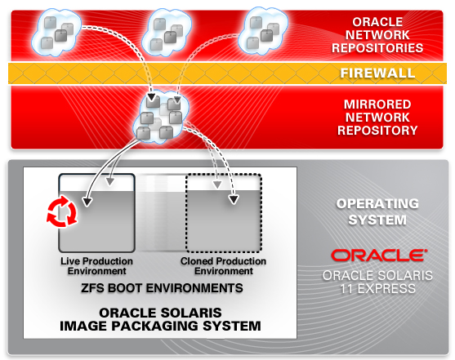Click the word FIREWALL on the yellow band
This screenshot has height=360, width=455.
pyautogui.click(x=377, y=73)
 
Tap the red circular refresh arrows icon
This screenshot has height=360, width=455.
pyautogui.click(x=62, y=211)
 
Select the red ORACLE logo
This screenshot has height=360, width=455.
pyautogui.click(x=378, y=256)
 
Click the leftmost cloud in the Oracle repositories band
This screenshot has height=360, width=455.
pyautogui.click(x=56, y=32)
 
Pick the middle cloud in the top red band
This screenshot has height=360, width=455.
pyautogui.click(x=167, y=32)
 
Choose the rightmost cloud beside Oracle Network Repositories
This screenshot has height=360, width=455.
pyautogui.click(x=263, y=31)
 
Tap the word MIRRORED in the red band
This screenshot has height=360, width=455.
pyautogui.click(x=377, y=104)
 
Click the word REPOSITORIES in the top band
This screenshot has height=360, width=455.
pyautogui.click(x=377, y=48)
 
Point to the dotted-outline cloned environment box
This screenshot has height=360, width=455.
pyautogui.click(x=224, y=213)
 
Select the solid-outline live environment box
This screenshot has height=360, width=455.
pyautogui.click(x=97, y=213)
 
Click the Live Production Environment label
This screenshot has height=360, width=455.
pyautogui.click(x=96, y=266)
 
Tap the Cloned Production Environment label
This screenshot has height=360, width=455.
pyautogui.click(x=224, y=266)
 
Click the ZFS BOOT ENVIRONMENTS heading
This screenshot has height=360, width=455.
pyautogui.click(x=162, y=288)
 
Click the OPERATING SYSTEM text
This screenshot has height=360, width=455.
pyautogui.click(x=377, y=211)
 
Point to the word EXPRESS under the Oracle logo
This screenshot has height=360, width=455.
pyautogui.click(x=386, y=289)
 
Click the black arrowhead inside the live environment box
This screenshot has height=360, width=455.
pyautogui.click(x=87, y=202)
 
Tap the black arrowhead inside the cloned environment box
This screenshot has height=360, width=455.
pyautogui.click(x=234, y=199)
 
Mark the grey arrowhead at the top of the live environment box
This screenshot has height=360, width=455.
pyautogui.click(x=109, y=181)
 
